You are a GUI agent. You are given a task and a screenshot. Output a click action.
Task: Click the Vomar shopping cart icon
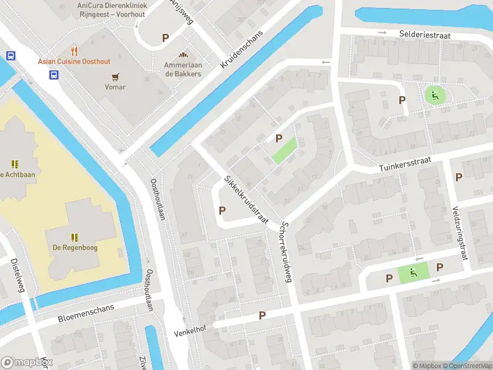[115, 76]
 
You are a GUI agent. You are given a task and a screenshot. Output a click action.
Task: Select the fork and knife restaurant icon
[75, 51]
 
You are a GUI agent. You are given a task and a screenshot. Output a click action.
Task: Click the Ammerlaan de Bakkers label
[182, 69]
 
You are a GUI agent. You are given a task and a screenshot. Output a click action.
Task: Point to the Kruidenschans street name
[242, 49]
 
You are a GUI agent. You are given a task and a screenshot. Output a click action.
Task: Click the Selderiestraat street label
[424, 35]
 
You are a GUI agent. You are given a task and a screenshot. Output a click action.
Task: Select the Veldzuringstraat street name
[459, 232]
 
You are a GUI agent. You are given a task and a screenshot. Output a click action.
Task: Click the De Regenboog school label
[75, 247]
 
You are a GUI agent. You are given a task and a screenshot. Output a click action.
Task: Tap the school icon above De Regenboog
[75, 237]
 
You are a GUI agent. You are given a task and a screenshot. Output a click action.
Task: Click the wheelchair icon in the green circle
[434, 95]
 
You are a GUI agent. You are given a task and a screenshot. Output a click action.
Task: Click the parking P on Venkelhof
[262, 315]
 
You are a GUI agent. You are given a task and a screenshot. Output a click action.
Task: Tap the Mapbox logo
[26, 363]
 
